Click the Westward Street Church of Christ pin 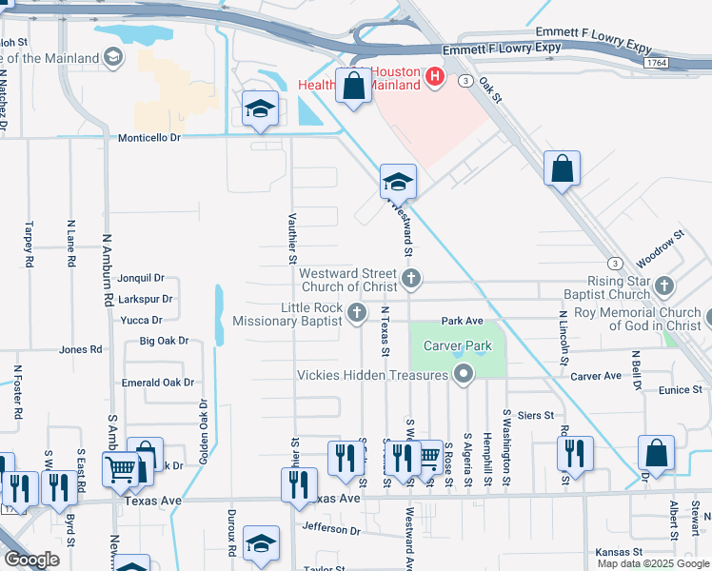(411, 279)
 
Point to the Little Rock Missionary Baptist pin (357, 313)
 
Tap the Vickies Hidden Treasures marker (464, 374)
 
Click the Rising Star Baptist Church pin (664, 285)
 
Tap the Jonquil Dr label (141, 278)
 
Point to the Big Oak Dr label (164, 340)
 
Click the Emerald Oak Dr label (158, 382)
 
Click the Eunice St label (679, 389)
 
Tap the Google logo (31, 561)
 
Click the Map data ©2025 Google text (652, 563)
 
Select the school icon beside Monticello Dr (260, 110)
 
